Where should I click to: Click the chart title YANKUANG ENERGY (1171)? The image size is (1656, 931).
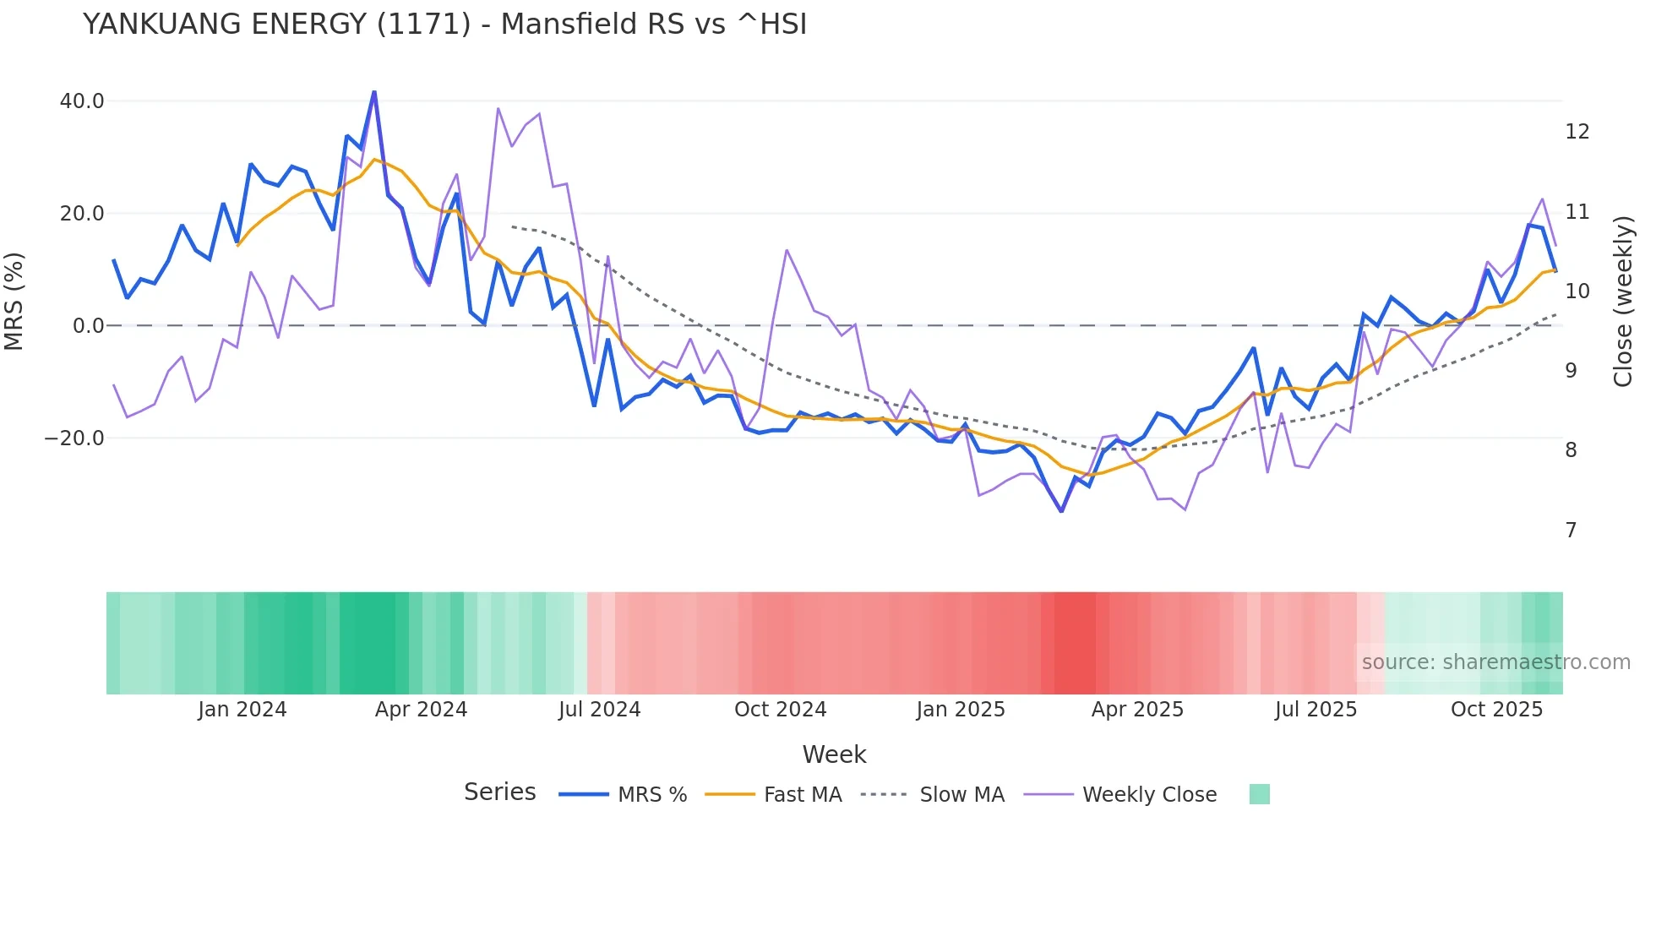444,24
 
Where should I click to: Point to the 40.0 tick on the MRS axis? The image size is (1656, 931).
82,101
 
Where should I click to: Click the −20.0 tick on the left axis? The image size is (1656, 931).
74,438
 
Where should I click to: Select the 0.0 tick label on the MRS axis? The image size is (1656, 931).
88,326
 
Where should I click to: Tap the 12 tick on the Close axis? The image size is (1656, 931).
1577,132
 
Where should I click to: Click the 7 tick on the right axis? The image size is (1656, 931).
1571,531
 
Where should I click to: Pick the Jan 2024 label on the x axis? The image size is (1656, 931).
242,710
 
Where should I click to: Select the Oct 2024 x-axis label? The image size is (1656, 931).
780,710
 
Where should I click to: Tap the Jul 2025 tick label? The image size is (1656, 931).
1316,710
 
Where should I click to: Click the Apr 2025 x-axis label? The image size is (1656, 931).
1137,710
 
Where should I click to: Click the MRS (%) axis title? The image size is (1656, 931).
14,302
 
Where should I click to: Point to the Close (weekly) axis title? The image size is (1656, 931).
1622,302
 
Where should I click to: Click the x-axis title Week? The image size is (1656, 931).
834,754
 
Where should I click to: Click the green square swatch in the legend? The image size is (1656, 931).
1259,794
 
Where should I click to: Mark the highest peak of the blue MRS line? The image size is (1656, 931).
374,92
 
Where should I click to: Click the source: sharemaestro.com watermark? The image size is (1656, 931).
1495,662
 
